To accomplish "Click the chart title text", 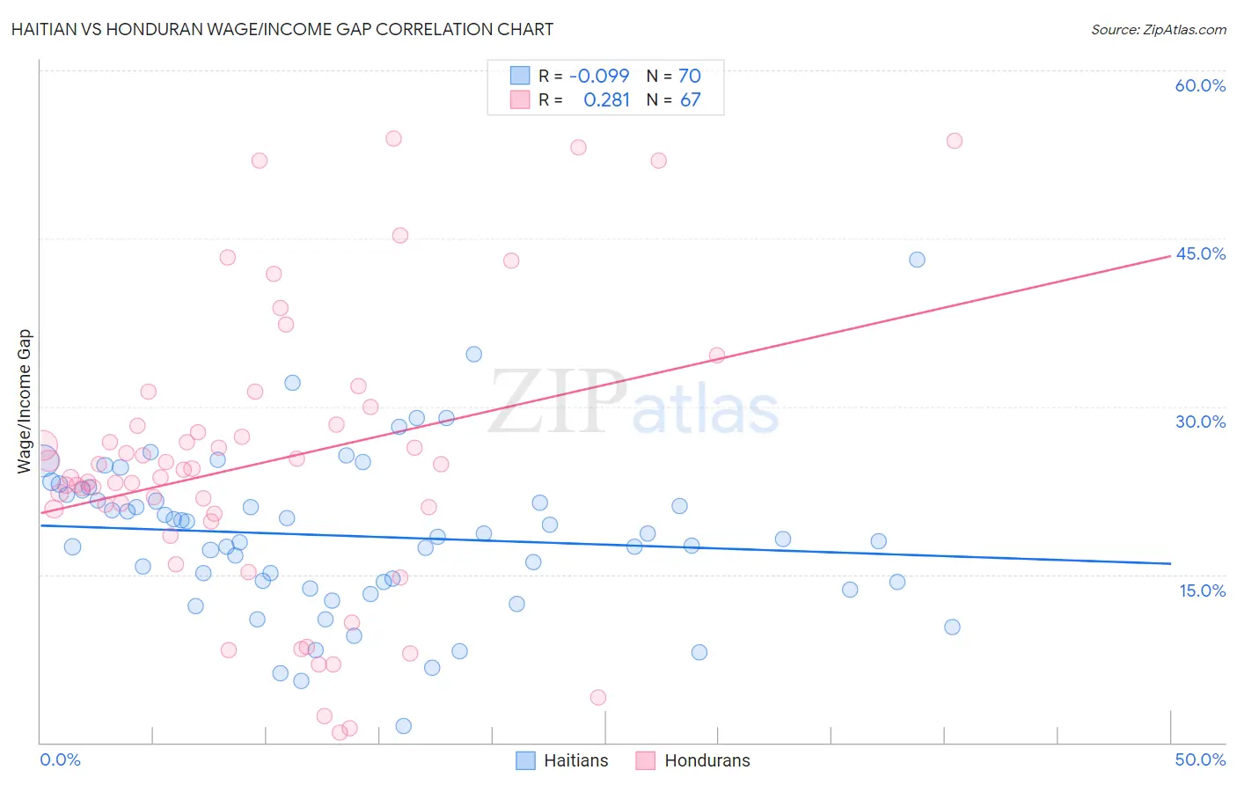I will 282,29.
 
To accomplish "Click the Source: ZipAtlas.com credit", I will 1158,29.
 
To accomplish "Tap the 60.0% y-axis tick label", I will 1200,85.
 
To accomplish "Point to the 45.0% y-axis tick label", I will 1200,253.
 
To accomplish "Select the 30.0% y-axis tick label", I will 1200,422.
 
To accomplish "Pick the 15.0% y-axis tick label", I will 1202,591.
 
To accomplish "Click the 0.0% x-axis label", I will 60,759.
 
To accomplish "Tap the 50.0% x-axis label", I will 1200,759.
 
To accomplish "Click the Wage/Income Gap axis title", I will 25,401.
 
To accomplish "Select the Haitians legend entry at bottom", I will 575,760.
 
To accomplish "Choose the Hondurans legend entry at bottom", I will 706,760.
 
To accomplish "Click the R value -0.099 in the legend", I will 599,76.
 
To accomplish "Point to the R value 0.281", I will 606,100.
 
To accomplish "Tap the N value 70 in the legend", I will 690,76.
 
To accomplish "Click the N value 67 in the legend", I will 690,100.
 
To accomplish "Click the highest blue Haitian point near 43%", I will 917,260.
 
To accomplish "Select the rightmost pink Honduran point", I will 955,141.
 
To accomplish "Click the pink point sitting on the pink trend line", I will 717,356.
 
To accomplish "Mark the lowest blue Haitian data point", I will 404,726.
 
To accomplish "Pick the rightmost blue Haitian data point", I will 952,627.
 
